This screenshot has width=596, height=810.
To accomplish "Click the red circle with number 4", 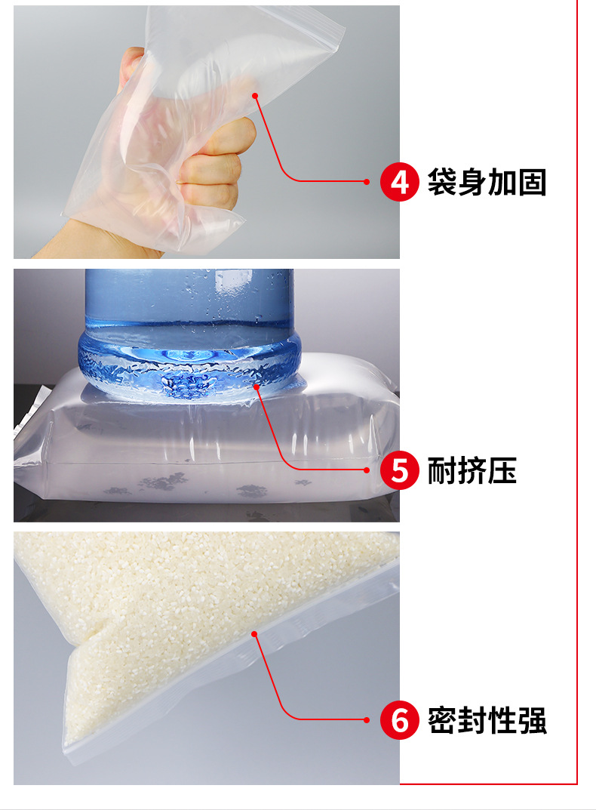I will [x=399, y=182].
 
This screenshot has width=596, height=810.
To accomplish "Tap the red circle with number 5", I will [x=399, y=470].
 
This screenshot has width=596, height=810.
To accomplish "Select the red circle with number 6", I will [x=399, y=720].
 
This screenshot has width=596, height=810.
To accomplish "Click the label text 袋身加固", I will [x=487, y=183].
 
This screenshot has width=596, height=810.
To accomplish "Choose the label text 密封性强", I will [x=487, y=721].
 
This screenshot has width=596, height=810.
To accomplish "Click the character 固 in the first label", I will [x=532, y=183].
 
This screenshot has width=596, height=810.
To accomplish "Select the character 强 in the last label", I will [x=532, y=721].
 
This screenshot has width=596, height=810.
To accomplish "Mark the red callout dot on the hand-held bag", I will [x=255, y=95].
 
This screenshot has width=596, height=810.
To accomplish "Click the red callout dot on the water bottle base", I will [x=257, y=387].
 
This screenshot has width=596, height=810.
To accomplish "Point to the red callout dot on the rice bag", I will [x=255, y=633].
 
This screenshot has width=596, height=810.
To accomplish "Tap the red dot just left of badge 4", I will [x=367, y=182].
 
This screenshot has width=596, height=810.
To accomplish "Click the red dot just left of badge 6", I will [x=367, y=720].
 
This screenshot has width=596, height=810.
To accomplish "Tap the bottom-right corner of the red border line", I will [x=577, y=784].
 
